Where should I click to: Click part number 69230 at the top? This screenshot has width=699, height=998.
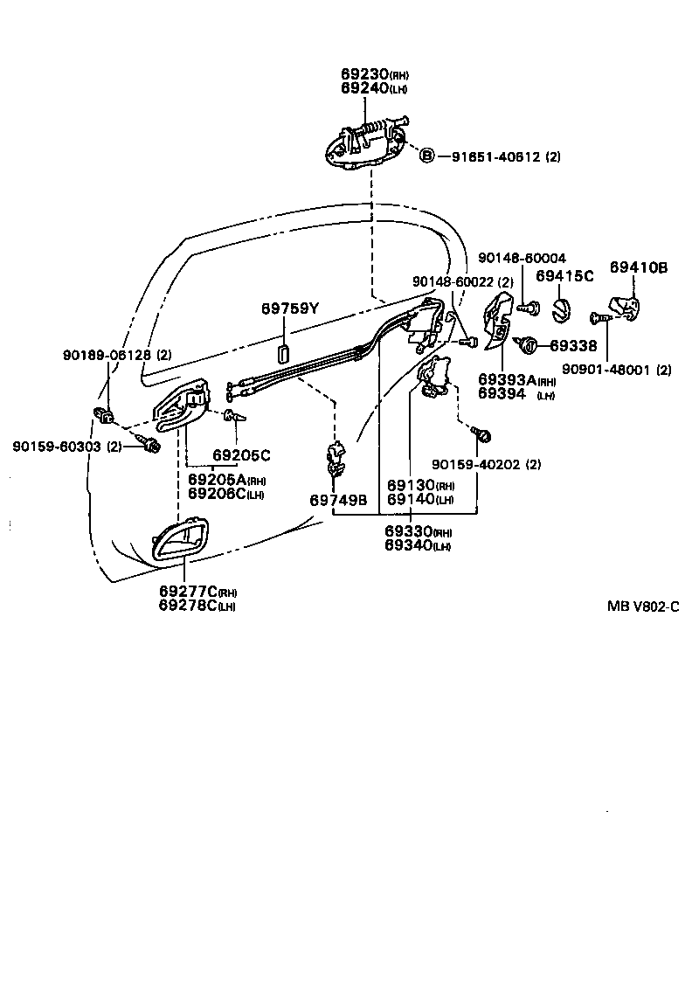(364, 75)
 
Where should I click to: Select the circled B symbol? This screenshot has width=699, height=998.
(426, 156)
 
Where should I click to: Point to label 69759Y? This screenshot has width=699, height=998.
(291, 308)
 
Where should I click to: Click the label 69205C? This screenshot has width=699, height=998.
(241, 455)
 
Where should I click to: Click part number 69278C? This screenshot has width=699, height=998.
(188, 606)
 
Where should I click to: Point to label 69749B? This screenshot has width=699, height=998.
(338, 500)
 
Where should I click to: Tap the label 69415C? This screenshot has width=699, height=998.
(564, 276)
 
